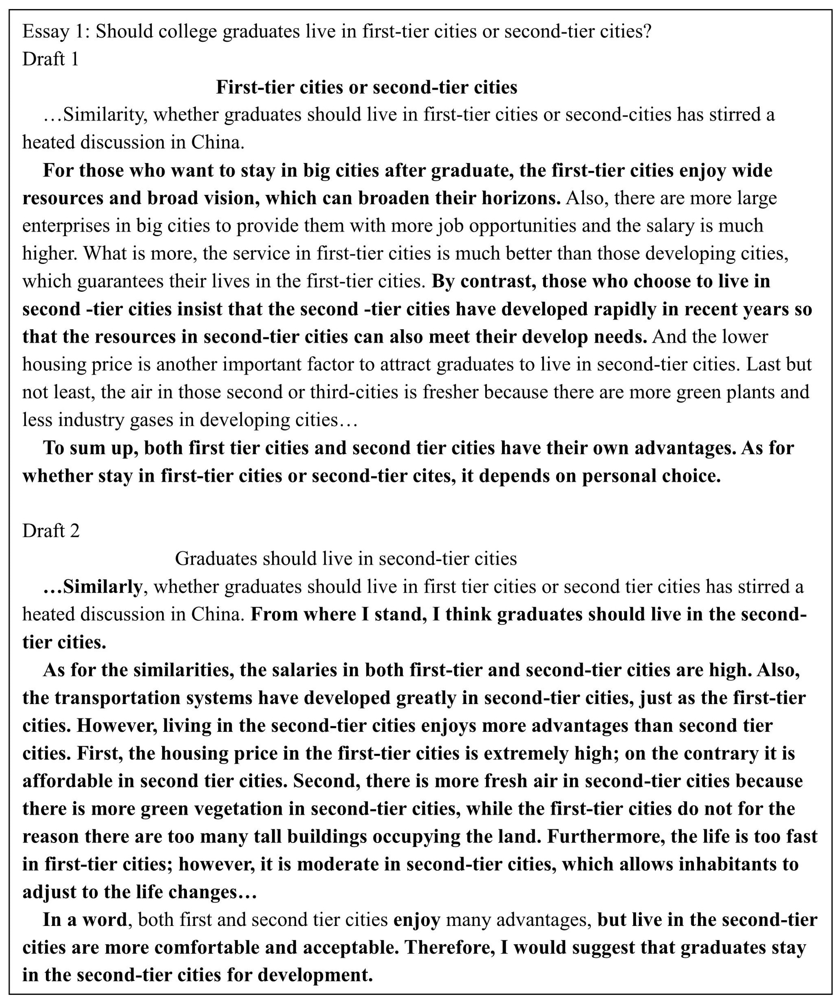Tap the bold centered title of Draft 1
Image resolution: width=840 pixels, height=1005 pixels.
tap(366, 87)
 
